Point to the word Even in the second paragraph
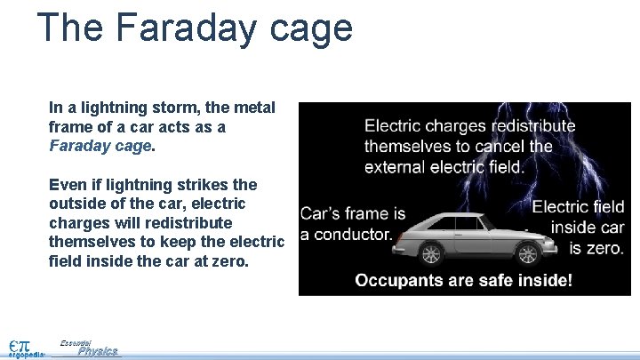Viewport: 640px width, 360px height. click(x=68, y=184)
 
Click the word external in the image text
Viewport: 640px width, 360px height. click(x=396, y=165)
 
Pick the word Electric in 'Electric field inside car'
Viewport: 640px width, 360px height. click(x=561, y=207)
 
